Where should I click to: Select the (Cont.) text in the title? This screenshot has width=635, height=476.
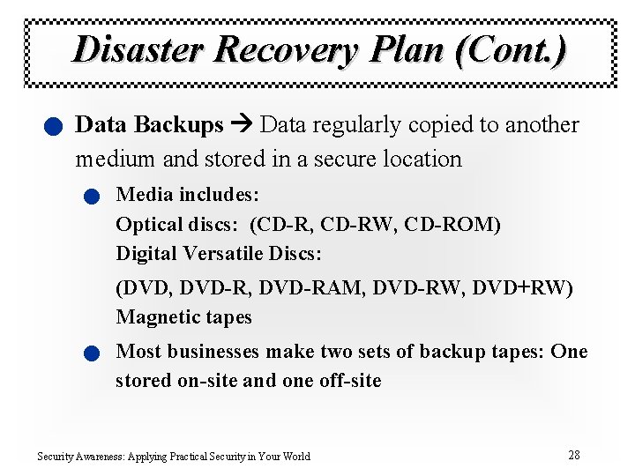(x=512, y=49)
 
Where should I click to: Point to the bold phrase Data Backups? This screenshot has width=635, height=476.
(x=150, y=125)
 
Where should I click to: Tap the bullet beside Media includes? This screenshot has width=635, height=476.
(x=92, y=197)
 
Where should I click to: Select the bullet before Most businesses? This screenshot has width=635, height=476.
(x=92, y=354)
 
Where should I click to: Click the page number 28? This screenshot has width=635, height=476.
(x=574, y=456)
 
